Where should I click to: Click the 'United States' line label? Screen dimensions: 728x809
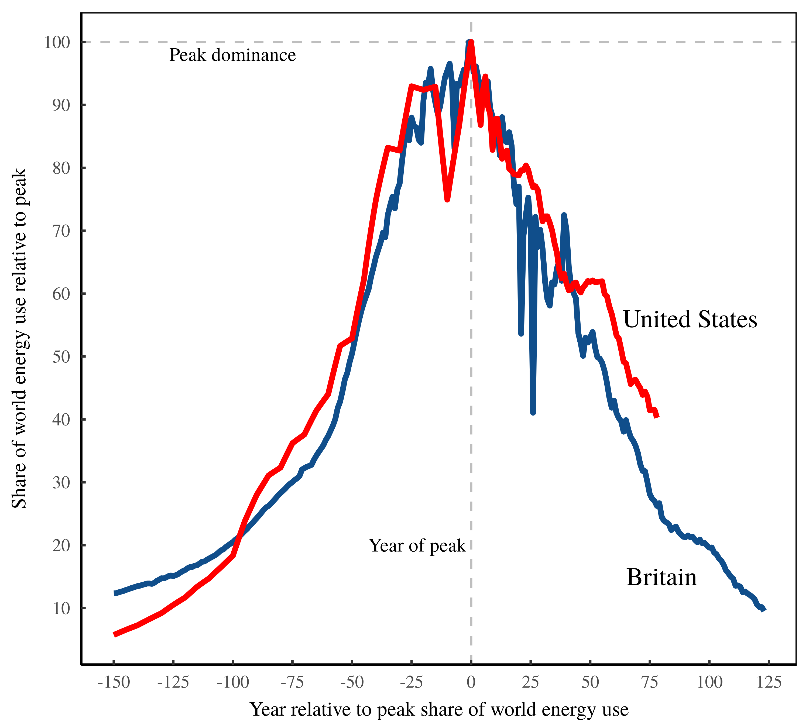690,320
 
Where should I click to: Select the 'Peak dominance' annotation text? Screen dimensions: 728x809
232,55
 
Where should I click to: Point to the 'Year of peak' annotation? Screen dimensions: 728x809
417,546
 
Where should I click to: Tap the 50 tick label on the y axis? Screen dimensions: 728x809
61,357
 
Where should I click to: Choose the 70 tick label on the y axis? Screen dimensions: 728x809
61,231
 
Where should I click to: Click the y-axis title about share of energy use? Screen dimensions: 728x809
19,338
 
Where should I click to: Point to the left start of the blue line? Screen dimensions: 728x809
115,593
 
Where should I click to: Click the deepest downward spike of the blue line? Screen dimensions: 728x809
533,413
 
